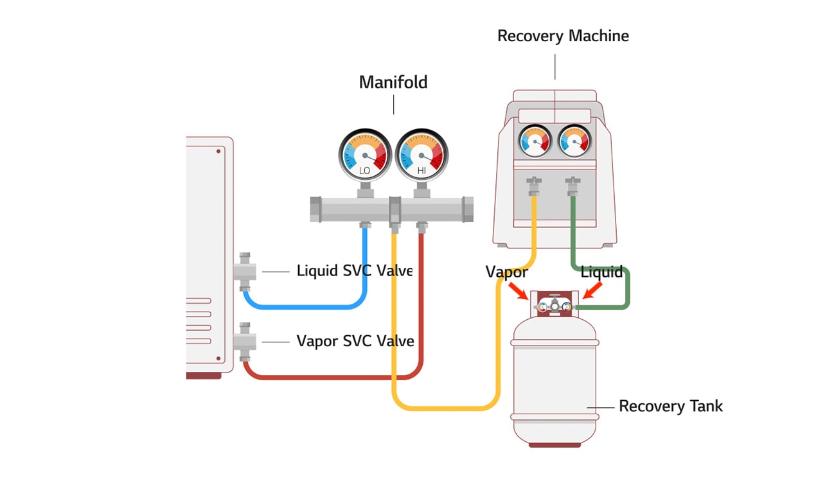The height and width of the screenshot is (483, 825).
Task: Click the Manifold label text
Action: point(393,82)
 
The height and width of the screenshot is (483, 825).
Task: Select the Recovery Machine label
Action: point(563,36)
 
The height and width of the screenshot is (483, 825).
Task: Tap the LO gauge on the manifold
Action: point(365,155)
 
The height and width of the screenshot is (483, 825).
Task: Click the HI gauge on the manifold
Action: point(421,155)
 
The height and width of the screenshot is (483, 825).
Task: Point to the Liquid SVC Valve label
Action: point(354,270)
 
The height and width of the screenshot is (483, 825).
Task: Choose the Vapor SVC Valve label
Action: point(355,340)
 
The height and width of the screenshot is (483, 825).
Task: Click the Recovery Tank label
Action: point(670,406)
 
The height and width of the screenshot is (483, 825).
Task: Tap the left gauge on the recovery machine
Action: point(535,141)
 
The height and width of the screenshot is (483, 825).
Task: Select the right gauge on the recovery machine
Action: point(574,141)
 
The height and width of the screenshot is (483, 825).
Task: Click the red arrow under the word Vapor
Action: point(517,291)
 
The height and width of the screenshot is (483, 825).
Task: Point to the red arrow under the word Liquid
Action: point(592,291)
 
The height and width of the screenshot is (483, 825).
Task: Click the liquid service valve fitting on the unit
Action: point(245,272)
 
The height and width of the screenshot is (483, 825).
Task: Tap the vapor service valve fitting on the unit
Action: point(245,342)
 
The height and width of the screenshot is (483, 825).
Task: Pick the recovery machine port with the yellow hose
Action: point(534,186)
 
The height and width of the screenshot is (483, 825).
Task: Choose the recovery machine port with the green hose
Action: point(572,186)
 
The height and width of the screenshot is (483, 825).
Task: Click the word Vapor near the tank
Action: point(506,272)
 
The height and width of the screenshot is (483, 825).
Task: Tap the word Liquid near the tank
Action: point(601,272)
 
